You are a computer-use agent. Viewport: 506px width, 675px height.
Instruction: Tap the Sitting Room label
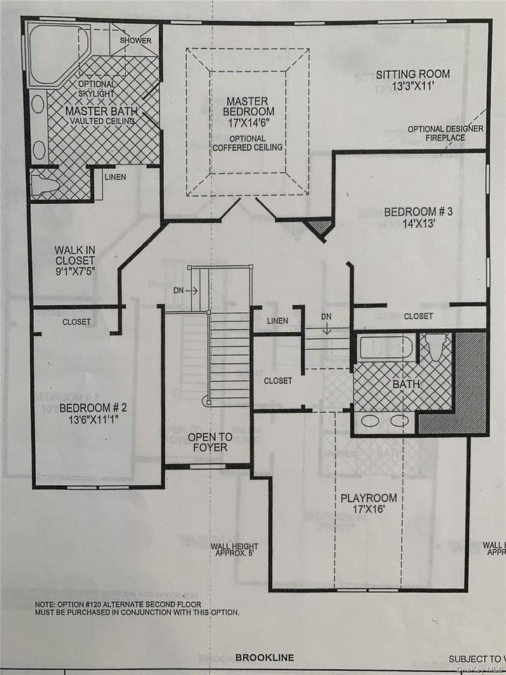coord(413,80)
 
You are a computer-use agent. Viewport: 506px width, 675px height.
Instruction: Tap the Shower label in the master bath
coord(136,41)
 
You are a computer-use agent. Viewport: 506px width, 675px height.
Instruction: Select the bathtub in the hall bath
coord(385,348)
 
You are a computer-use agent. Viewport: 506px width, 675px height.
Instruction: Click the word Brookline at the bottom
coord(265,658)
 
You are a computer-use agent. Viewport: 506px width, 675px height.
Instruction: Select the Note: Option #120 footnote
coord(137,607)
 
